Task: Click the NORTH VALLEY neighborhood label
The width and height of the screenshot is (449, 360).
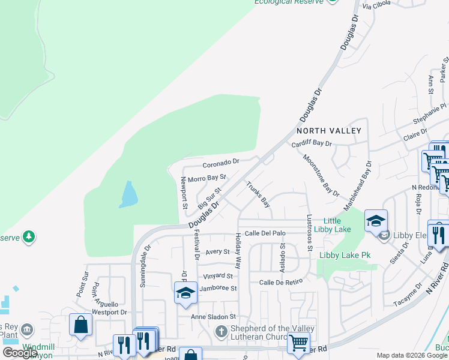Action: coord(329,131)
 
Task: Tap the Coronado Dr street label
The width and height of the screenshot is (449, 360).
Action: coord(221,162)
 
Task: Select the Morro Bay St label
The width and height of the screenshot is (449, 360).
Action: coord(206,178)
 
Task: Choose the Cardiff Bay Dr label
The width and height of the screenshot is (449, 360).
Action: coord(312,144)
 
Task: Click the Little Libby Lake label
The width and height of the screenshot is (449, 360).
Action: coord(337,226)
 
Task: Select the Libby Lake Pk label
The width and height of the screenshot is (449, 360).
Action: coord(345,256)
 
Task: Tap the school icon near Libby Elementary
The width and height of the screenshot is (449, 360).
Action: coord(376,221)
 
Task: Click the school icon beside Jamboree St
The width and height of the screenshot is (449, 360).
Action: coord(186,292)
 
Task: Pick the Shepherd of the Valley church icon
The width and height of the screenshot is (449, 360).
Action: coord(221,331)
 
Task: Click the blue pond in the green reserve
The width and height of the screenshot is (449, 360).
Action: coord(128,194)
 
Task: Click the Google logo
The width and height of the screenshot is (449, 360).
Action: coord(20,353)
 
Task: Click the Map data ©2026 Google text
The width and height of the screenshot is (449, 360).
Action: coord(411,355)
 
